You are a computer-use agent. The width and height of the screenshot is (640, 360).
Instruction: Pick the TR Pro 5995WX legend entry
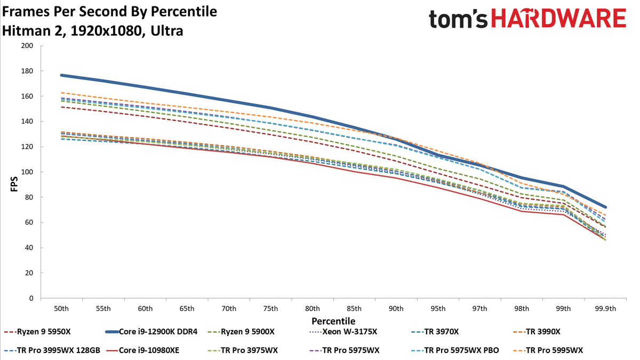click(554, 350)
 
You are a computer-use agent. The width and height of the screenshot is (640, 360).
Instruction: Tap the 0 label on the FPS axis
click(31, 299)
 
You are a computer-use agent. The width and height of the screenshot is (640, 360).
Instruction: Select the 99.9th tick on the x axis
click(605, 309)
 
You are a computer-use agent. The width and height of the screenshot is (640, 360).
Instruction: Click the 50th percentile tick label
click(61, 309)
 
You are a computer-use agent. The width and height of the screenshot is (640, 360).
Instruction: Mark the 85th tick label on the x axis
click(354, 309)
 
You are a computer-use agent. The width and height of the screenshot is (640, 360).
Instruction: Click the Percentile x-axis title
click(333, 321)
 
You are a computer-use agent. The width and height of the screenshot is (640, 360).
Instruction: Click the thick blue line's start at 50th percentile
click(61, 75)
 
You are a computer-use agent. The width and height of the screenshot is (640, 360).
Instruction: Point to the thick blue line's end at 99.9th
click(605, 207)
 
